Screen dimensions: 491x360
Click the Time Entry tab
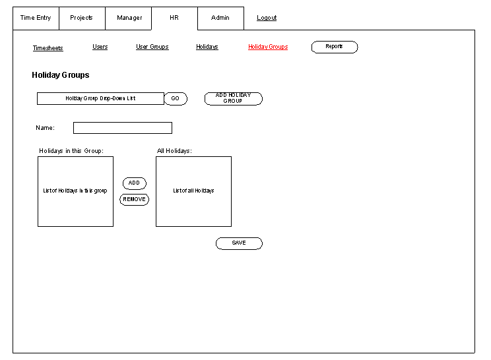pos(36,18)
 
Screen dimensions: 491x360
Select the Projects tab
pos(82,18)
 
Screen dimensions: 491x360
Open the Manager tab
pos(129,18)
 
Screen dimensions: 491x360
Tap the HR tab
pos(174,18)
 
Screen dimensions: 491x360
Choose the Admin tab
pos(221,18)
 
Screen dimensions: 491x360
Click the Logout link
pos(267,18)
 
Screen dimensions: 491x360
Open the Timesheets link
pos(48,48)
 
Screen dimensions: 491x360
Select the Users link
pos(100,47)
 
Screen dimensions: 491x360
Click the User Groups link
pos(152,47)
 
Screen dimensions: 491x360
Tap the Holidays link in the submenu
pos(207,47)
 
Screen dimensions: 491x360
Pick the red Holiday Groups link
pos(268,47)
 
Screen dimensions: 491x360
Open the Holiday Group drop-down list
pos(100,98)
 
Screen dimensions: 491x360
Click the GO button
pos(176,99)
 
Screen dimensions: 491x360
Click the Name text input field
pos(123,128)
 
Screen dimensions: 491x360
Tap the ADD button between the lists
pos(135,183)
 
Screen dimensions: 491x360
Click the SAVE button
pos(239,243)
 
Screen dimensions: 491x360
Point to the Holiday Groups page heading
pos(61,75)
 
